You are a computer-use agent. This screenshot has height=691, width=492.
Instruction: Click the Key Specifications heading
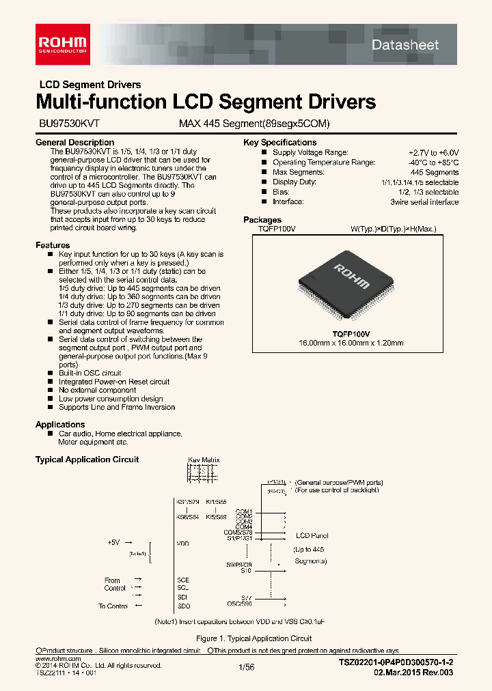pyautogui.click(x=279, y=143)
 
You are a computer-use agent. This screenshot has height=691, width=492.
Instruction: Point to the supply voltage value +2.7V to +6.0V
pyautogui.click(x=433, y=152)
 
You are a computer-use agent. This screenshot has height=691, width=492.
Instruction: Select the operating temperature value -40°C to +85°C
pyautogui.click(x=433, y=163)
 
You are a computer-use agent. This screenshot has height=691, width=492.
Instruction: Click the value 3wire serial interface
pyautogui.click(x=424, y=202)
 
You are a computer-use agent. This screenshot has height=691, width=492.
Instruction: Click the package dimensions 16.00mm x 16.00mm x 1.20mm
pyautogui.click(x=351, y=343)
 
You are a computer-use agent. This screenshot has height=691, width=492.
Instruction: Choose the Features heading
pyautogui.click(x=53, y=245)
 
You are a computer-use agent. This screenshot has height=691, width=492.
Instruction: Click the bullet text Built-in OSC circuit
pyautogui.click(x=90, y=373)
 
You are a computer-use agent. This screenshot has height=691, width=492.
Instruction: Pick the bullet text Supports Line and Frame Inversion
pyautogui.click(x=117, y=407)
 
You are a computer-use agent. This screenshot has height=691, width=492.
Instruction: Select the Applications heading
pyautogui.click(x=60, y=425)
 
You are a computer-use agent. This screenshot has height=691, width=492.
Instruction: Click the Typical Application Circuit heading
pyautogui.click(x=87, y=460)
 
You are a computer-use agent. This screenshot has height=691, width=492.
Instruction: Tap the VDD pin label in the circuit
pyautogui.click(x=182, y=544)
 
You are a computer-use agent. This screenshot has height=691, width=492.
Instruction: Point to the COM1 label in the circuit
pyautogui.click(x=244, y=511)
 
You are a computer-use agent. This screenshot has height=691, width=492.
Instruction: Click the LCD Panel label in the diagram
pyautogui.click(x=312, y=536)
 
